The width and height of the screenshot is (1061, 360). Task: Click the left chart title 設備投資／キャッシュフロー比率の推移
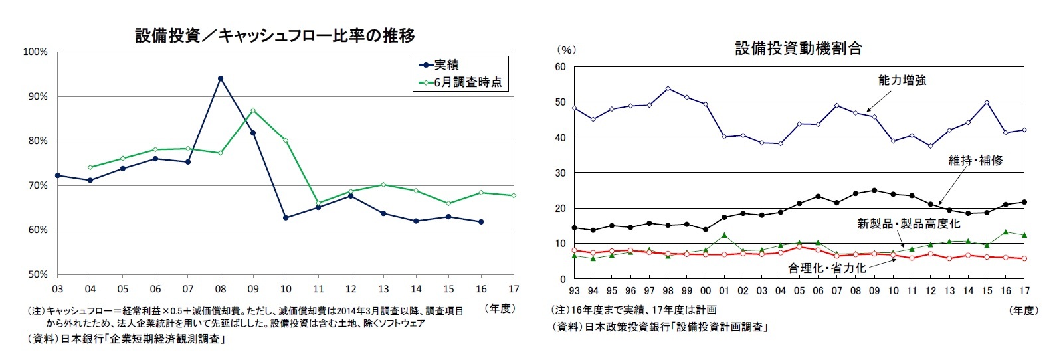(x=275, y=35)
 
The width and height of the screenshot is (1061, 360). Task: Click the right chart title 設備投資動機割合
(x=798, y=48)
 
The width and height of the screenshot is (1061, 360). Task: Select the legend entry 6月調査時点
(x=468, y=83)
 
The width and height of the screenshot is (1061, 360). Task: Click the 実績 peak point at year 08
(x=221, y=78)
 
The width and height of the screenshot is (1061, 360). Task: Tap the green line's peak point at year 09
(x=253, y=110)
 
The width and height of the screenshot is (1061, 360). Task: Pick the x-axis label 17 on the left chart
(x=513, y=289)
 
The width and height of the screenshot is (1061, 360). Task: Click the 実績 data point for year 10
(x=286, y=217)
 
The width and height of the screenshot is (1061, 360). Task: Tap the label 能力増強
(x=902, y=80)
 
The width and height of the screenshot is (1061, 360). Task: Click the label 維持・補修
(x=975, y=160)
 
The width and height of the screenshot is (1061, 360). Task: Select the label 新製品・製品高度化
(x=908, y=224)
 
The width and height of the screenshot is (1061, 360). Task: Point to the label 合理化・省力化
(x=826, y=268)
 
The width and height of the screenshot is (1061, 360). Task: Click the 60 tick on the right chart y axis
(x=559, y=67)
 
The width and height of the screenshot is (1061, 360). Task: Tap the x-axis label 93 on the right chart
(x=574, y=290)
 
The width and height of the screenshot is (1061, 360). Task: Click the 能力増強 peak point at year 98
(x=668, y=88)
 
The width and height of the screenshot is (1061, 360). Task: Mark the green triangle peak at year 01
(x=724, y=235)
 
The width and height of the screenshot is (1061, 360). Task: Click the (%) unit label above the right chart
(x=566, y=50)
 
